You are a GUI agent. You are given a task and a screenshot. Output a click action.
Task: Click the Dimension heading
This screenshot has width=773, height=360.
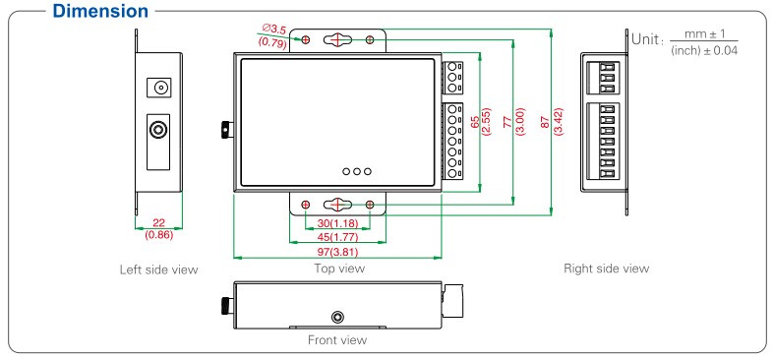(100, 11)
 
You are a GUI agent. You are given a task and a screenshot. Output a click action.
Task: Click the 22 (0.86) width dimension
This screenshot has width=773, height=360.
(158, 229)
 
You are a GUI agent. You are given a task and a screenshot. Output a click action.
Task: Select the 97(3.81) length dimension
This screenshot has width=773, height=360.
(337, 253)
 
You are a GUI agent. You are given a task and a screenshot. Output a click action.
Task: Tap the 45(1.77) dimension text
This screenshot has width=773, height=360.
(337, 237)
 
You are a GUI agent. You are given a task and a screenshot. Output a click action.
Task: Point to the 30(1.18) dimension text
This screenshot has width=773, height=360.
(337, 223)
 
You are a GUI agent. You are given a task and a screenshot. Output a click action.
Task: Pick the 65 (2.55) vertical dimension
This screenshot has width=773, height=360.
(480, 122)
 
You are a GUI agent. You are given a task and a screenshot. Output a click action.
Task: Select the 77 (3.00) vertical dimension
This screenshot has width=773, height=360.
(513, 122)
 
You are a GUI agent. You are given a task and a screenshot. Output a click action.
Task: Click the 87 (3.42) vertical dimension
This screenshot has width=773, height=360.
(551, 122)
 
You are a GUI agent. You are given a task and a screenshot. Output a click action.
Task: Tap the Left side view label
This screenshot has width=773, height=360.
(158, 270)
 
